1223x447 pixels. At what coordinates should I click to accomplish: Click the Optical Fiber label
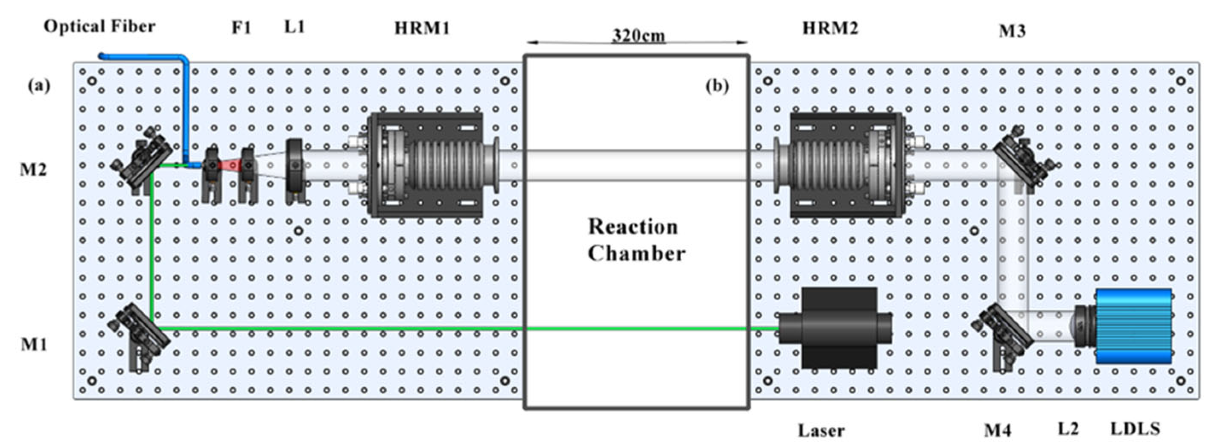pos(100,26)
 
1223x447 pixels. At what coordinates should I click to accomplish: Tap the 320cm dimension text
pos(638,35)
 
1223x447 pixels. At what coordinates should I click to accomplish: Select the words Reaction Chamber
pos(636,240)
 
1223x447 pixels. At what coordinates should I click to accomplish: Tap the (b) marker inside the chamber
pos(717,86)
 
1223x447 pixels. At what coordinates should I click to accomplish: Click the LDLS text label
pos(1135,429)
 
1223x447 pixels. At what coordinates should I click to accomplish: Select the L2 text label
pos(1068,429)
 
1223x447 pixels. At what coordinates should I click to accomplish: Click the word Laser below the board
pos(821,431)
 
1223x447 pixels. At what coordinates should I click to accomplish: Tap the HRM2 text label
pos(830,29)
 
